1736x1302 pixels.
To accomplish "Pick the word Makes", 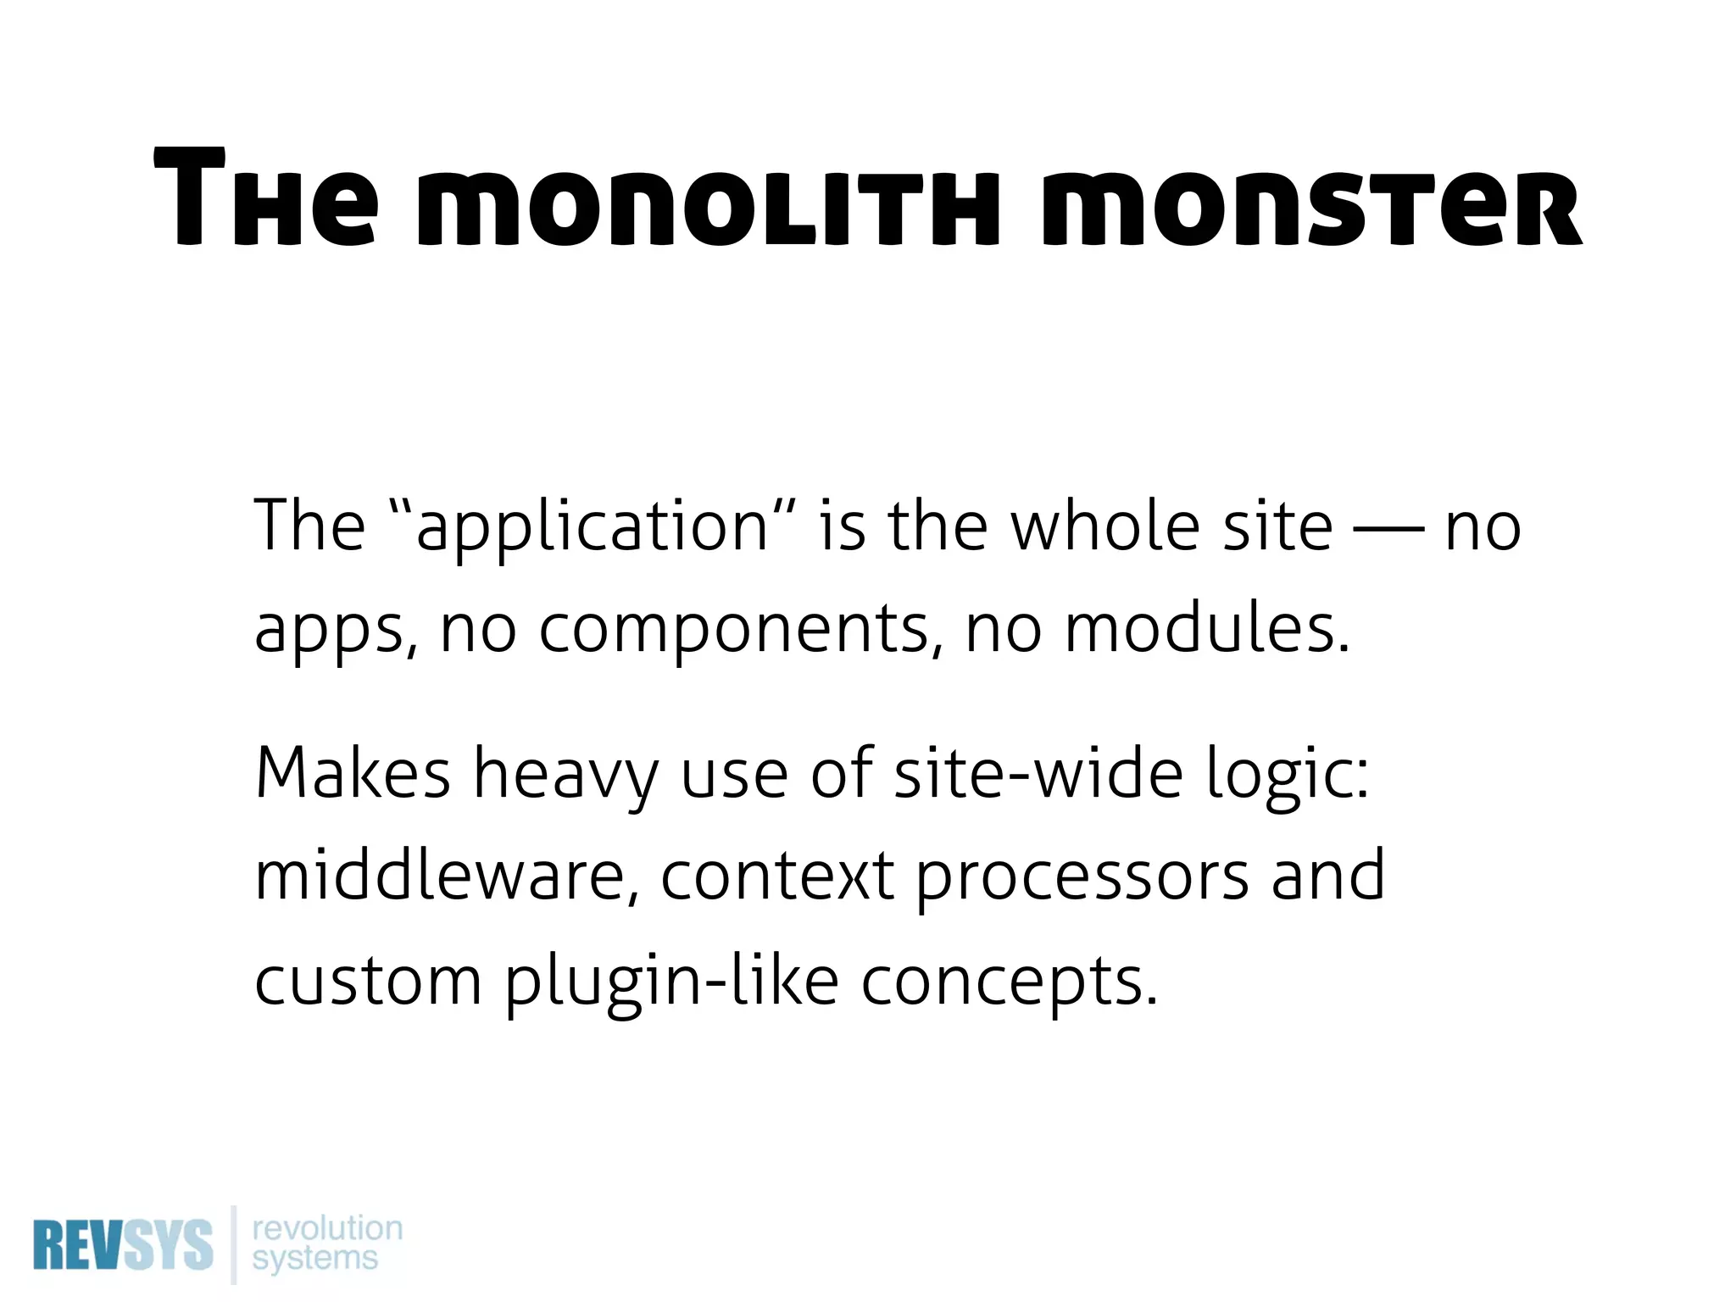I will click(353, 773).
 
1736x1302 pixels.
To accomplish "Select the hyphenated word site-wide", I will click(1038, 773).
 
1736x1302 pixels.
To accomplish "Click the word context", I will click(776, 875).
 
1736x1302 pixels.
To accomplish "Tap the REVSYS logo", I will click(123, 1245).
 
